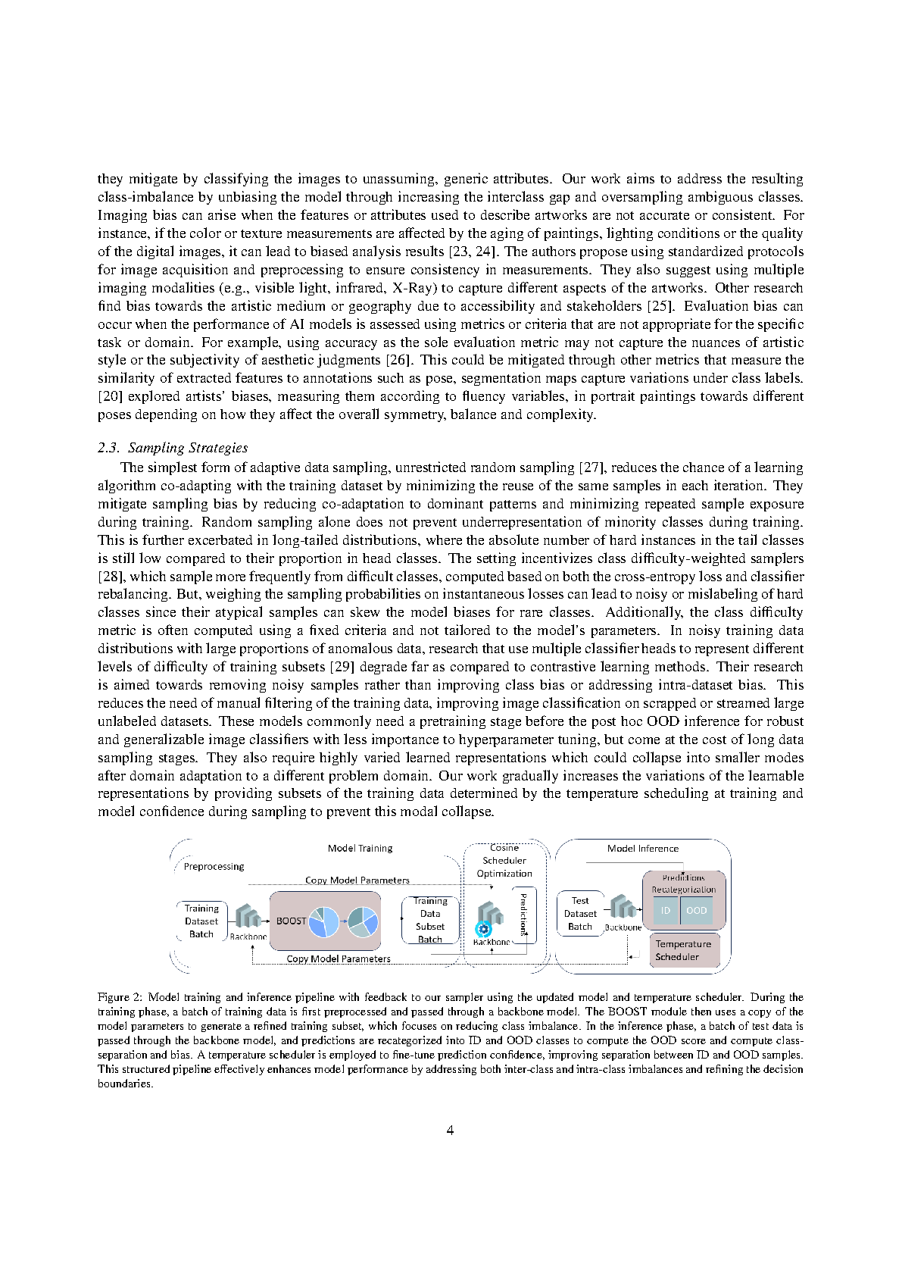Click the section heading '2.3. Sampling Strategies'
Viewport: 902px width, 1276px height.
173,448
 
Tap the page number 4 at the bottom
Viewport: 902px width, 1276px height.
451,1130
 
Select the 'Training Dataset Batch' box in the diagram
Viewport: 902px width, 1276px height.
201,921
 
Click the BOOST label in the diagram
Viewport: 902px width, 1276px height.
291,921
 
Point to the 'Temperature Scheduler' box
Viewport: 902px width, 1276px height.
683,950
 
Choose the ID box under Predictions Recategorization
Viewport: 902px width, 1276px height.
666,911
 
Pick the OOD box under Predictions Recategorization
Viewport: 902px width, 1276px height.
697,911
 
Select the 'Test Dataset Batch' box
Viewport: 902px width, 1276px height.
580,913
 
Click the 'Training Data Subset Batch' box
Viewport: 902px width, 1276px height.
430,920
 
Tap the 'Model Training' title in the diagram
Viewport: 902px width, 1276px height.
360,849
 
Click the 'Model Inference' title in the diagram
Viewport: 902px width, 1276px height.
642,849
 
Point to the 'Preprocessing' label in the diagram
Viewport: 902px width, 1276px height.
214,867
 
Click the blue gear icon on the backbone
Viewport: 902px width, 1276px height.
483,929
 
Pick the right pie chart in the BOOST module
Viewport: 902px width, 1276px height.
363,921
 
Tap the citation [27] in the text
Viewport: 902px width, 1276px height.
591,468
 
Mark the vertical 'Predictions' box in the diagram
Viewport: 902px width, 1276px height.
523,914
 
